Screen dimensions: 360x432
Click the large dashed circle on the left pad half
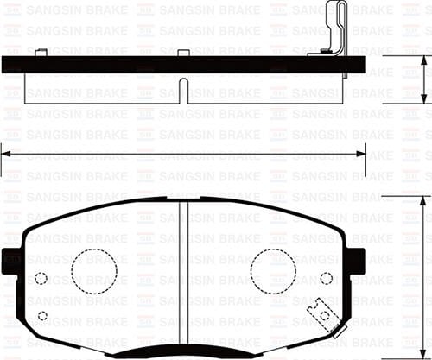tap(93, 271)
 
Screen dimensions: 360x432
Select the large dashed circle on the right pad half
tap(273, 271)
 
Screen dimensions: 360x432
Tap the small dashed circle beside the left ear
tap(41, 278)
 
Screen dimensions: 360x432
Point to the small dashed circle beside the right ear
tap(326, 278)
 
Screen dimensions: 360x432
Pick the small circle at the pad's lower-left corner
tap(42, 315)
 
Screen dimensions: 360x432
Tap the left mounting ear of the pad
tap(12, 260)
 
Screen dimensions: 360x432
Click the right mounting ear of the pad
tap(354, 260)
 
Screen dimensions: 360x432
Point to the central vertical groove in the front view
tap(183, 276)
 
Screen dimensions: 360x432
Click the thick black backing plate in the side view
tap(130, 65)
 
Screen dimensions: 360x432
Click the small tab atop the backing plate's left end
tap(41, 54)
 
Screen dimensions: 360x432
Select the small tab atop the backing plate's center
tap(183, 54)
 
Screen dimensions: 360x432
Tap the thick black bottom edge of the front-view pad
tap(183, 354)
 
